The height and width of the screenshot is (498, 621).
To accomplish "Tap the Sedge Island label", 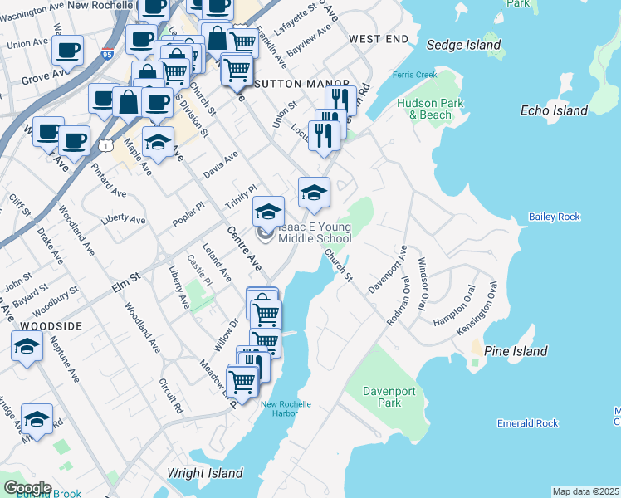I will point(463,45).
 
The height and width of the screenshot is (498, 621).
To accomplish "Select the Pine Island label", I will point(515,351).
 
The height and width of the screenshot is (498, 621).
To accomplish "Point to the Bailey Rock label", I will point(554,217).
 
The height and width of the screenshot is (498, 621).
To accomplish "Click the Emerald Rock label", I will point(527,423).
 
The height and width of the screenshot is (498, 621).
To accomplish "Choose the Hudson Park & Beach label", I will point(430,109).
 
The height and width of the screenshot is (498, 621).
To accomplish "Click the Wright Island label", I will point(204,473).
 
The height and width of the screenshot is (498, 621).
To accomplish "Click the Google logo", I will point(27,487).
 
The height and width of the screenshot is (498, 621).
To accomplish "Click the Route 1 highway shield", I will point(105,145).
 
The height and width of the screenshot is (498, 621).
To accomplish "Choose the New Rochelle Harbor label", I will point(286,409).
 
